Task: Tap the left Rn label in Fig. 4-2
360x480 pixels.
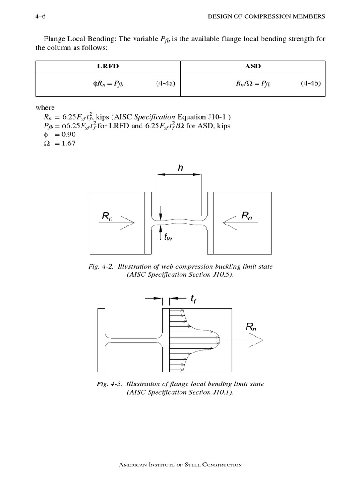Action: click(108, 216)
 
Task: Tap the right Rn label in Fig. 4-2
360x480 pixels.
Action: click(247, 216)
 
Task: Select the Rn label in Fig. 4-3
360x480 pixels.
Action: click(251, 328)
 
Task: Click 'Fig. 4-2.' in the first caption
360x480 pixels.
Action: click(101, 267)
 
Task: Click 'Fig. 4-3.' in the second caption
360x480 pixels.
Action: click(107, 384)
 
